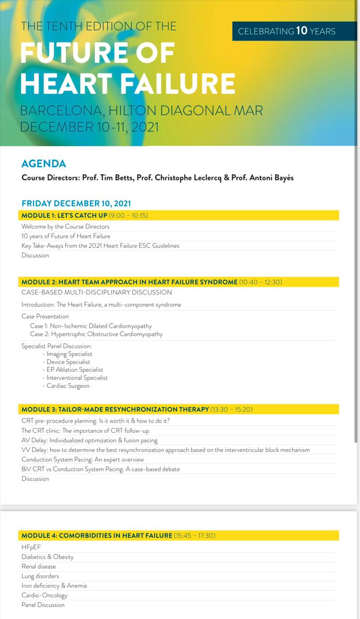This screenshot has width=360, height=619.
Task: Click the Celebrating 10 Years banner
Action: (287, 31)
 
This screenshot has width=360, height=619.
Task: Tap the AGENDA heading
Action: (44, 163)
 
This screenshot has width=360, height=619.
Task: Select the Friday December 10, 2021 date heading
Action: (76, 203)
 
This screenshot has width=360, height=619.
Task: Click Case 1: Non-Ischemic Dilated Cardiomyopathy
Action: (90, 326)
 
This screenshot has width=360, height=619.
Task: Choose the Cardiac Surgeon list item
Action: (68, 386)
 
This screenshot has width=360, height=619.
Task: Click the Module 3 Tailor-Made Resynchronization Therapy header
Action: (115, 409)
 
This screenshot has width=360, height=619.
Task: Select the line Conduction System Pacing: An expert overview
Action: (83, 459)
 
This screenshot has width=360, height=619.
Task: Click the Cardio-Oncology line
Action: (45, 595)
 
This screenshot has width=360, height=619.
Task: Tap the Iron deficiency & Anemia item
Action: (54, 586)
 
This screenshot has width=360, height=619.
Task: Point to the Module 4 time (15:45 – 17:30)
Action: (195, 535)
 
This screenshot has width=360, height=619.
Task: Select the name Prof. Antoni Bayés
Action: (262, 177)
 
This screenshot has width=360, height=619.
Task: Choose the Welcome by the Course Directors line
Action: (65, 226)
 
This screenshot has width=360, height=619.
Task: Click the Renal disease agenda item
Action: (39, 566)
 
